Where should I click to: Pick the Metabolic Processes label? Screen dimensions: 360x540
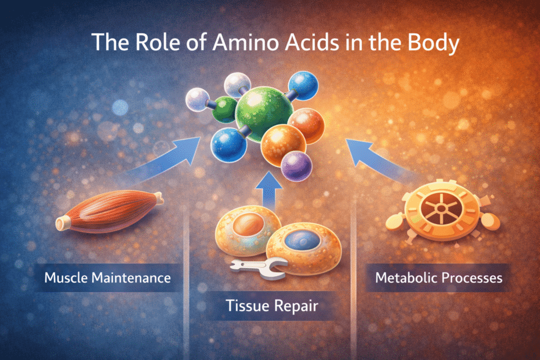coord(438,278)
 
